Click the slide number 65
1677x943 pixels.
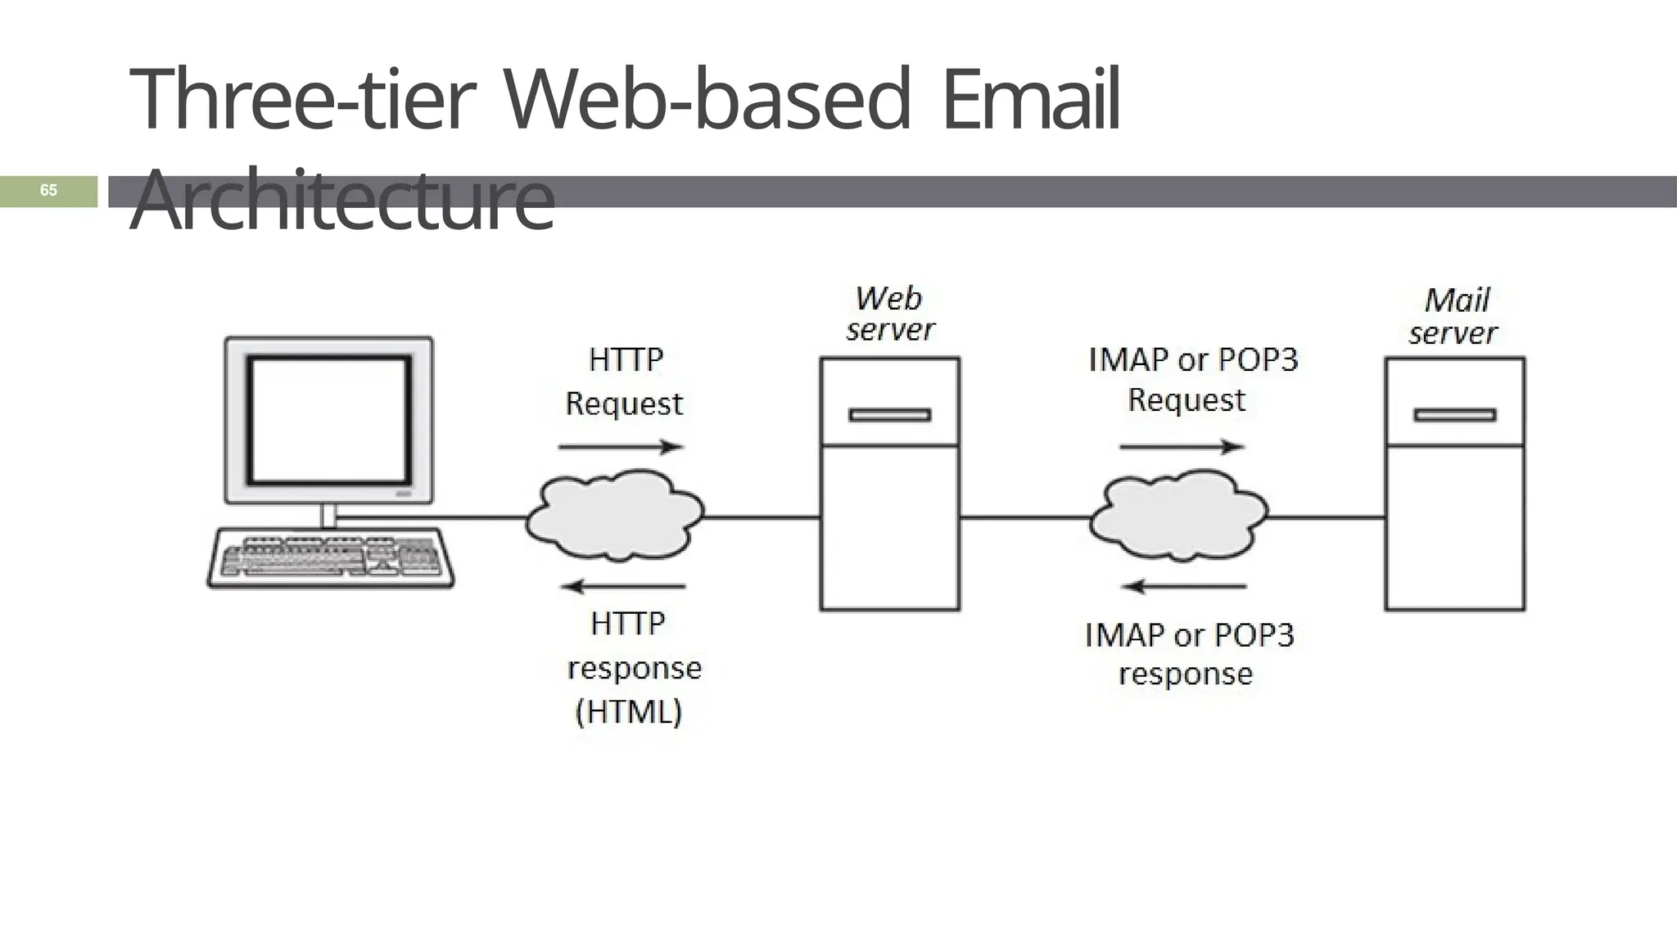pos(48,191)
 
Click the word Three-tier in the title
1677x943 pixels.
pos(302,102)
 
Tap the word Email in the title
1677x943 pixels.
pos(1031,102)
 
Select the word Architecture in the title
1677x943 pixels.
pos(341,200)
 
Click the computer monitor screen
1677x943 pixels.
pos(328,420)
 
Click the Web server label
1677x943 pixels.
pos(889,314)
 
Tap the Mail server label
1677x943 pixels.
pos(1453,317)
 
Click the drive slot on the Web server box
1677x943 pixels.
pos(889,415)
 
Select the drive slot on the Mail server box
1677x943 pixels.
pos(1454,415)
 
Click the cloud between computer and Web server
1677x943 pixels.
pos(614,516)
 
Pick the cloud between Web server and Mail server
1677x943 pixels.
pos(1178,516)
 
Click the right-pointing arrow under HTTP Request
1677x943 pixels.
pos(621,447)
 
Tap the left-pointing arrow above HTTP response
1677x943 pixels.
pos(622,586)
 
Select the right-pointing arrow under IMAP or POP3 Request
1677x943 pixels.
pos(1182,447)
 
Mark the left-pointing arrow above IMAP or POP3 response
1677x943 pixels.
pos(1184,586)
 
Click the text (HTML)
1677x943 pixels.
pos(628,712)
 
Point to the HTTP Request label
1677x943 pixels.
pos(624,381)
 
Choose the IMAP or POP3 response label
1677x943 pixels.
pos(1187,655)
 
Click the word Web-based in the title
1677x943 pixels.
pos(706,102)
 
